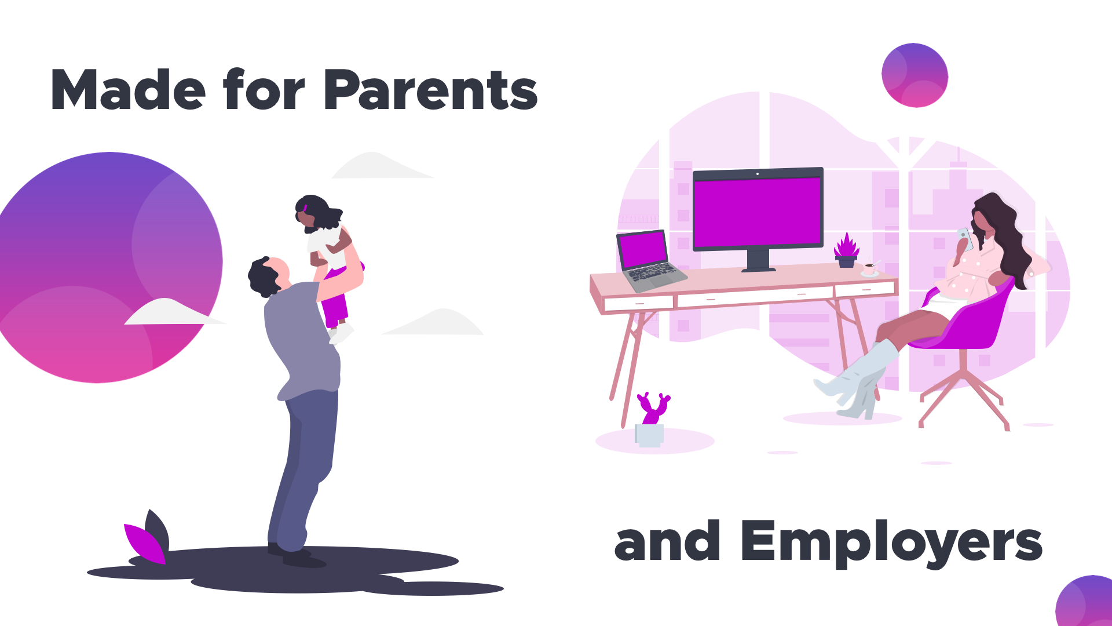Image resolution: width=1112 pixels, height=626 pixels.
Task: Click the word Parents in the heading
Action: click(x=431, y=90)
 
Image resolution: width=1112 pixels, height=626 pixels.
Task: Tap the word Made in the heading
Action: click(x=128, y=90)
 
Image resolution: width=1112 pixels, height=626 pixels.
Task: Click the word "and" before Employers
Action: click(x=667, y=541)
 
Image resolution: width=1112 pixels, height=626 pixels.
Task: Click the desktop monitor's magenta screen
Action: click(x=758, y=213)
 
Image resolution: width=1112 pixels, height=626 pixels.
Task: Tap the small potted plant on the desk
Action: click(x=846, y=250)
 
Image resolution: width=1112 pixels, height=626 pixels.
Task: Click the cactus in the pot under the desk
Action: click(x=653, y=408)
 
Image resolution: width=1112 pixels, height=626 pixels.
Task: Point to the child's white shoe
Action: click(x=342, y=334)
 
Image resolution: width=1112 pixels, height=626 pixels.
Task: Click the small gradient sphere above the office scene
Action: click(x=915, y=75)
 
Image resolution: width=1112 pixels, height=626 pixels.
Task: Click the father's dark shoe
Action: click(x=303, y=559)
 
